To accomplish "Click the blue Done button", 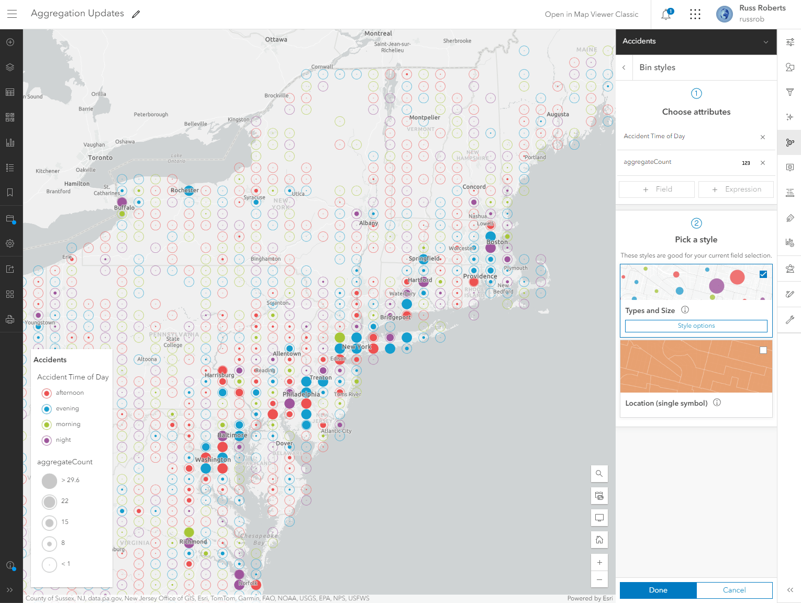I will point(658,590).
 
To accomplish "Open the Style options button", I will point(696,326).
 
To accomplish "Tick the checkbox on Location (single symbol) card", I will point(763,350).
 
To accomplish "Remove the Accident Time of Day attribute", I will point(763,137).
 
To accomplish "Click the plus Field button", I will point(657,189).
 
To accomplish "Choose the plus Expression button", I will point(736,189).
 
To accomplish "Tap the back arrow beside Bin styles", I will point(624,68).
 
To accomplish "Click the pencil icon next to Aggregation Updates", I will point(136,14).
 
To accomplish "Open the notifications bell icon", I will point(666,15).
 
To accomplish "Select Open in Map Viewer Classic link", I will point(592,14).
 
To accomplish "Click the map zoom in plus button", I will point(599,563).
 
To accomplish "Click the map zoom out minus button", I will point(599,579).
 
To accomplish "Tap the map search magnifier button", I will point(599,474).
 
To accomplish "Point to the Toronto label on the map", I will point(101,158).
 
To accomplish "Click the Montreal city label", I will point(378,33).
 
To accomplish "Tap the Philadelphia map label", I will point(301,394).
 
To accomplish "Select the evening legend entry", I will point(68,408).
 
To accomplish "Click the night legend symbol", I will point(47,440).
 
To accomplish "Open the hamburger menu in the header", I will point(12,14).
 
